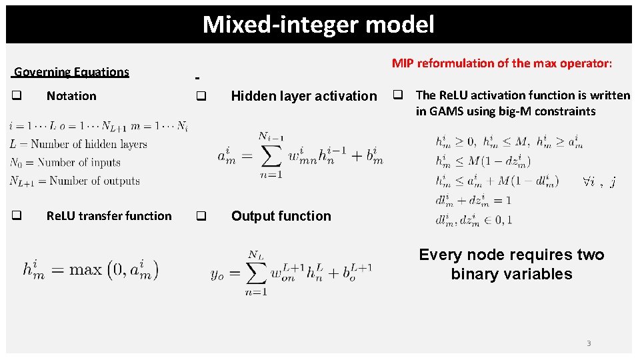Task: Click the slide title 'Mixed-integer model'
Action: point(318,25)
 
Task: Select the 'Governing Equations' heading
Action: point(71,72)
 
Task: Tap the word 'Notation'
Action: point(71,96)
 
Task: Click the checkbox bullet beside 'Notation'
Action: point(16,96)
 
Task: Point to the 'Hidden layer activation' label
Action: point(303,96)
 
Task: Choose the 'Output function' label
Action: point(281,216)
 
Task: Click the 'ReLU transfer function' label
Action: point(109,216)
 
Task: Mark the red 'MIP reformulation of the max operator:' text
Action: point(501,63)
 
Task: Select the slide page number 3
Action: point(589,343)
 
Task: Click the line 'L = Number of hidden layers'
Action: point(78,144)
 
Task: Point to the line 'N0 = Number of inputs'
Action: point(65,163)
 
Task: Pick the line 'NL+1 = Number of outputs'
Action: point(75,181)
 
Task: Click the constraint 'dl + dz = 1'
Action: point(473,200)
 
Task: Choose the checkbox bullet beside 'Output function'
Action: point(201,216)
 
